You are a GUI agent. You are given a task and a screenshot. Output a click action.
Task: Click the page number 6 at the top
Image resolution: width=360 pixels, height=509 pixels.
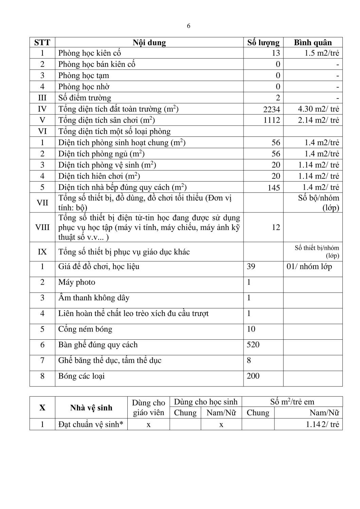pos(188,26)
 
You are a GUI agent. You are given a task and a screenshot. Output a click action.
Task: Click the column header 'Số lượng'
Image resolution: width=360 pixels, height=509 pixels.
pos(263,43)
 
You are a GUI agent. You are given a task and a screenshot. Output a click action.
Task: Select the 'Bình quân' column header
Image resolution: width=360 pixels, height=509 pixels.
pos(312,43)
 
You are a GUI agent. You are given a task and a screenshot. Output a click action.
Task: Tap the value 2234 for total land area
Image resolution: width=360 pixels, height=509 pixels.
pos(271,109)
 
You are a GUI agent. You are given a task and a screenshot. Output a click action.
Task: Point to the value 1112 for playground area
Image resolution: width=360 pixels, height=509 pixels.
pos(272,120)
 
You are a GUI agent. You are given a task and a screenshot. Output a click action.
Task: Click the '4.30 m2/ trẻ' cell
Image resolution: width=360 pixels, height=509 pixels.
pos(318,109)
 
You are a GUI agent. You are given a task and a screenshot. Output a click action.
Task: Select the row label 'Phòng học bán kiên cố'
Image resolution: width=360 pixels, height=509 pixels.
pos(97,64)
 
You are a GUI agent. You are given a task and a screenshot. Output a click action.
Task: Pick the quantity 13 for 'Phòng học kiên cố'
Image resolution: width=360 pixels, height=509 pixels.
pos(276,53)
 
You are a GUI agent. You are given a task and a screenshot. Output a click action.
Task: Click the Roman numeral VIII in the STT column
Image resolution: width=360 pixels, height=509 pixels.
pos(42,227)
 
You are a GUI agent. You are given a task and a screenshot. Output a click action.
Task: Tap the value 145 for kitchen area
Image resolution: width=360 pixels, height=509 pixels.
pos(274,188)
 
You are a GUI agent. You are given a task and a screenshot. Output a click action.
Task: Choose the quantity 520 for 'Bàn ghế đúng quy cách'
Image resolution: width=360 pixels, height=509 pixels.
pos(253,345)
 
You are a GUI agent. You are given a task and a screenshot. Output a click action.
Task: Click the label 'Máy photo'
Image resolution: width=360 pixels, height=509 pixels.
pos(77,282)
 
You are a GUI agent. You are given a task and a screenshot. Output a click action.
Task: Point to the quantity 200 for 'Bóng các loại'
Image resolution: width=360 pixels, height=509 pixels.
pos(253,376)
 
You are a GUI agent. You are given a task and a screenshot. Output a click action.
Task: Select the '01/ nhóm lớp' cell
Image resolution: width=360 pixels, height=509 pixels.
pos(309,267)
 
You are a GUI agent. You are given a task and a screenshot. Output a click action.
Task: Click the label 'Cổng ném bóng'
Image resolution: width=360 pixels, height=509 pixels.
pos(85,329)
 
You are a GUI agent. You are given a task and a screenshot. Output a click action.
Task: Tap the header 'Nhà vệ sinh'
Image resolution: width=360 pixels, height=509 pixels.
pos(91,408)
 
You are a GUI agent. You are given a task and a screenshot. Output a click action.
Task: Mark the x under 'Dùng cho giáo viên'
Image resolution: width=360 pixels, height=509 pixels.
pos(148,425)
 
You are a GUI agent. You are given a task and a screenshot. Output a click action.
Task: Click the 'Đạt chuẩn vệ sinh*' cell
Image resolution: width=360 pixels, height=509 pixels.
pos(91,425)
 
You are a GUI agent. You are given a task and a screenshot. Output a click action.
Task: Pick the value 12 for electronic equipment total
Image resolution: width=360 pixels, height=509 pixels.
pos(276,227)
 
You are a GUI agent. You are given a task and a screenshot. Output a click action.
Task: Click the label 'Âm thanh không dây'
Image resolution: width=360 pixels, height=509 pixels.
pos(94,298)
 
